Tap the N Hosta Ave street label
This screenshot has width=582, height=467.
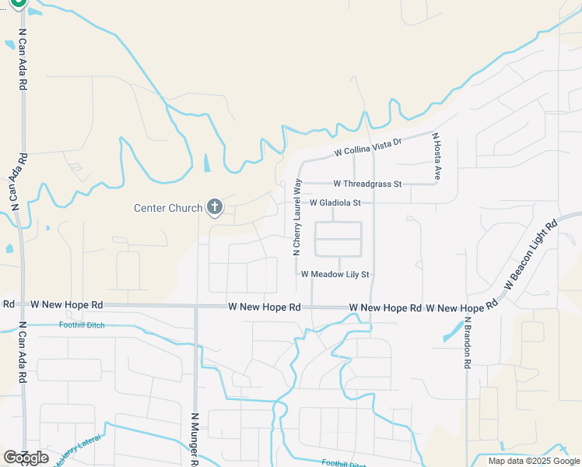[x=437, y=156]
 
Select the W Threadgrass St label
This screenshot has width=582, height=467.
[x=367, y=184]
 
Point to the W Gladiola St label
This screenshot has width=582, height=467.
[x=336, y=202]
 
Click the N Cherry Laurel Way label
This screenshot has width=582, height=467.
[x=296, y=216]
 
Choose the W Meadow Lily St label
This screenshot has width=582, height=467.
[x=335, y=274]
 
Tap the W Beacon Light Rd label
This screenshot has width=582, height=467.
[x=531, y=255]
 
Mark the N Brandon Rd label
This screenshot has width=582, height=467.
[x=468, y=342]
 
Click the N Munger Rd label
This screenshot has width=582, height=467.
[x=195, y=440]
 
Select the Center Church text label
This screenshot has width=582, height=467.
[x=167, y=208]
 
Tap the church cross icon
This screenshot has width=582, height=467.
[x=215, y=207]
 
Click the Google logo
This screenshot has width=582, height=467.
[x=26, y=458]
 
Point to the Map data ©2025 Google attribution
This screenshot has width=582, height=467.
[x=533, y=461]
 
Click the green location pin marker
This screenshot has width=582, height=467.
[x=19, y=4]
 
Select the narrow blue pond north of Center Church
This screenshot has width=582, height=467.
[x=206, y=163]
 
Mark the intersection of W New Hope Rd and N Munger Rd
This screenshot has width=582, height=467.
[x=196, y=307]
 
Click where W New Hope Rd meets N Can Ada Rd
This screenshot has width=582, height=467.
[x=22, y=305]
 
